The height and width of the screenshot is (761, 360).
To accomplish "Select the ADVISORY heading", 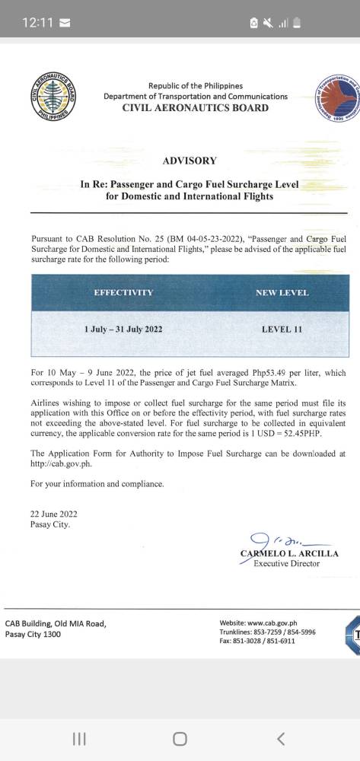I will click(190, 161).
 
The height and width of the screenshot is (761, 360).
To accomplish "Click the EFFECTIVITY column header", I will click(123, 292).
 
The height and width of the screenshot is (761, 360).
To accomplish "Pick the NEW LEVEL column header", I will click(282, 292).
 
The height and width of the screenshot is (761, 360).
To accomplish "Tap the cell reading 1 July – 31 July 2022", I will click(123, 330).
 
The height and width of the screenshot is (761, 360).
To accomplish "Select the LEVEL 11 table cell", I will click(282, 330).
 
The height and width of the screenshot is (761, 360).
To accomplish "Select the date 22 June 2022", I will click(53, 514).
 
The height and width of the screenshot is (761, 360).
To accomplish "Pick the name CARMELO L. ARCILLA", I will click(289, 553).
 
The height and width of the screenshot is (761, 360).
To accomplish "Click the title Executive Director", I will click(287, 563).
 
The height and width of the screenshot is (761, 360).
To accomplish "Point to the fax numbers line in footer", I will click(257, 641).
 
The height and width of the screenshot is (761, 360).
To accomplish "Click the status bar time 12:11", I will click(37, 23).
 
